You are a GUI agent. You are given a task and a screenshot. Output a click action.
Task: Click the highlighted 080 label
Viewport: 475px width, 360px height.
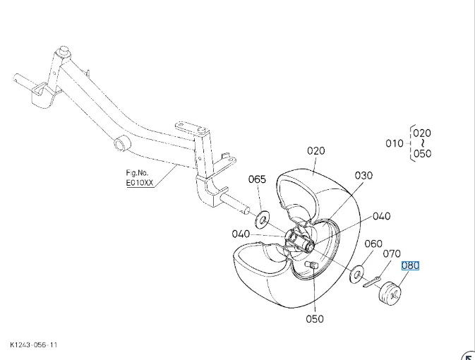[x=410, y=266]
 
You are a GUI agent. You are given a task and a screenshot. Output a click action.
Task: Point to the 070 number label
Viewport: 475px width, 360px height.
[x=392, y=254]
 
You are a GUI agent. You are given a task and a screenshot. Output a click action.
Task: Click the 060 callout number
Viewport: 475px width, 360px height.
[x=373, y=244]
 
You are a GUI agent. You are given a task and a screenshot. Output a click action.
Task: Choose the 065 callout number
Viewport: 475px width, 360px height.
[x=257, y=179]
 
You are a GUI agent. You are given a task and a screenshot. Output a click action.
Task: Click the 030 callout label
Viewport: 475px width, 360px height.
[x=363, y=176]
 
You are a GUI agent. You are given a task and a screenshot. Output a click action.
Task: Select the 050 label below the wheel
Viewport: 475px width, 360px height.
[x=315, y=318]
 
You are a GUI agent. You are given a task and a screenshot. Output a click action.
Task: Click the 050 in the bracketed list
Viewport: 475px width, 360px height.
[x=422, y=154]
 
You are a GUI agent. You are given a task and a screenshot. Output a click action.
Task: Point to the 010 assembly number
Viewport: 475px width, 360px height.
[x=395, y=143]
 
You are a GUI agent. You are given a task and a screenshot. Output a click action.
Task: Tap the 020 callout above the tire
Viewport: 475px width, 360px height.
[x=315, y=150]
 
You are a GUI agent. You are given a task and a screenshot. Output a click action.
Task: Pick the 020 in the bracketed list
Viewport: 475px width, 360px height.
[x=422, y=133]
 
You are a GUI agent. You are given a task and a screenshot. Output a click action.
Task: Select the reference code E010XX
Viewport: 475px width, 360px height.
[x=138, y=181]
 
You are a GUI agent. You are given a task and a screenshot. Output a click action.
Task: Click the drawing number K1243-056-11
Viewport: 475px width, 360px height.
[x=33, y=345]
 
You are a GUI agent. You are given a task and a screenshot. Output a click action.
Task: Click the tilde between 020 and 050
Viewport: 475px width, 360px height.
[x=422, y=143]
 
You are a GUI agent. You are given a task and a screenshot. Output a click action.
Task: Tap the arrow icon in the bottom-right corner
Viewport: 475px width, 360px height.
[x=467, y=354]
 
